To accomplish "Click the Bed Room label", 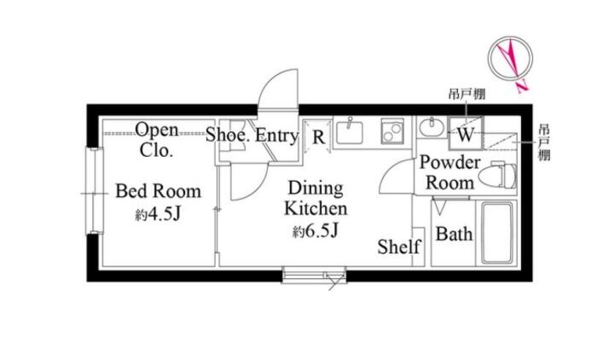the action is [x=159, y=191].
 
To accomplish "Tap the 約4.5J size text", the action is [x=159, y=214].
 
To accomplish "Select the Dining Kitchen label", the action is [x=316, y=198].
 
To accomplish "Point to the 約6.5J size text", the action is [x=316, y=231].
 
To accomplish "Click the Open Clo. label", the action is [x=157, y=140].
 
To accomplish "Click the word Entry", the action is [x=277, y=136].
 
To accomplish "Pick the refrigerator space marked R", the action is [x=318, y=137].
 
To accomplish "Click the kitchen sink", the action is [x=350, y=131].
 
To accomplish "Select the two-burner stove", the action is [x=392, y=131].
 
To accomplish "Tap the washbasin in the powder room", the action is [x=432, y=127].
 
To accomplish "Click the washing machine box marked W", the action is [x=466, y=133].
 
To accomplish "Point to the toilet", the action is [x=498, y=176].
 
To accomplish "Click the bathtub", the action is [x=497, y=233].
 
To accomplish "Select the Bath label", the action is [x=454, y=234].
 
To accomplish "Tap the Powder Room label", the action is [x=450, y=173].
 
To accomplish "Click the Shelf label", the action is [x=399, y=247].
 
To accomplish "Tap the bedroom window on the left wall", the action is [x=95, y=191].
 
